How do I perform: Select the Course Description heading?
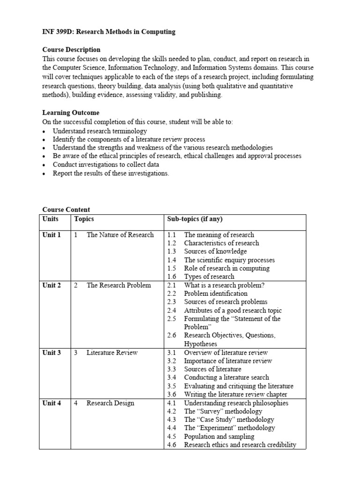[x=71, y=50]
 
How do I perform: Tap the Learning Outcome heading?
[x=71, y=113]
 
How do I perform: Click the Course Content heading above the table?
[x=66, y=210]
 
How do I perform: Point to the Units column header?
[x=51, y=219]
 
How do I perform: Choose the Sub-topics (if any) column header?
[x=195, y=219]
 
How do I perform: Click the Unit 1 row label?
[x=52, y=235]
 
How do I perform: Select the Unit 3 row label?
[x=52, y=352]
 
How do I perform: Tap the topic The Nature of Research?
[x=120, y=235]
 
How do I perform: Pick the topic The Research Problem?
[x=119, y=285]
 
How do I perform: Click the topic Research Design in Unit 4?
[x=110, y=403]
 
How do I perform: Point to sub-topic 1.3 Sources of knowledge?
[x=215, y=252]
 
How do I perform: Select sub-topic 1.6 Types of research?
[x=209, y=277]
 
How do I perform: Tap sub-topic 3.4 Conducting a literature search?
[x=226, y=377]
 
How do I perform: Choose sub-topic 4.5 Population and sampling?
[x=219, y=436]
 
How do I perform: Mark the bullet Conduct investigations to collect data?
[x=105, y=165]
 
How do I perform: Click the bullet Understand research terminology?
[x=100, y=131]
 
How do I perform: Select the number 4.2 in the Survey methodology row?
[x=172, y=412]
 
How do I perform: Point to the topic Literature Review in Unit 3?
[x=112, y=352]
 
